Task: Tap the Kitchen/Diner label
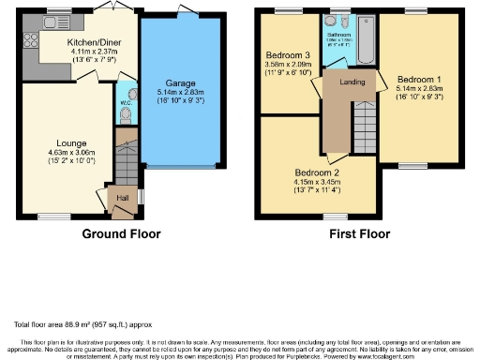[x=93, y=42]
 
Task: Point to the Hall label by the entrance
[x=122, y=198]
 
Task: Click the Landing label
[x=352, y=82]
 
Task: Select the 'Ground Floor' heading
[x=121, y=233]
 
